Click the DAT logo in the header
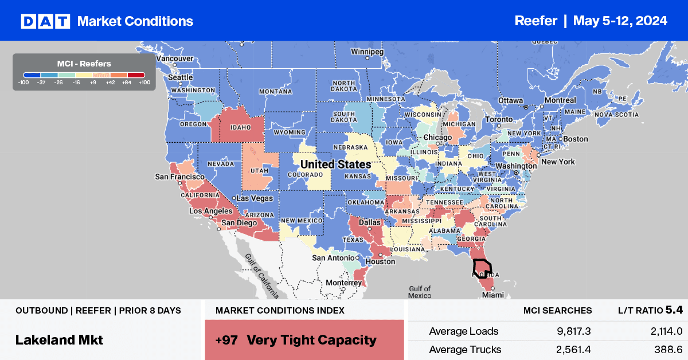pyautogui.click(x=45, y=21)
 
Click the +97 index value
pyautogui.click(x=228, y=339)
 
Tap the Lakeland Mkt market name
pyautogui.click(x=59, y=339)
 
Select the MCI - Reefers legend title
pyautogui.click(x=84, y=64)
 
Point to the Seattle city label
pyautogui.click(x=180, y=77)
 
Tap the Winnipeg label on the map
pyautogui.click(x=367, y=52)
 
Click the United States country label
pyautogui.click(x=335, y=165)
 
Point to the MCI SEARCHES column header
pyautogui.click(x=557, y=310)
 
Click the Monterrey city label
pyautogui.click(x=341, y=283)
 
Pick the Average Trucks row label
pyautogui.click(x=465, y=349)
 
